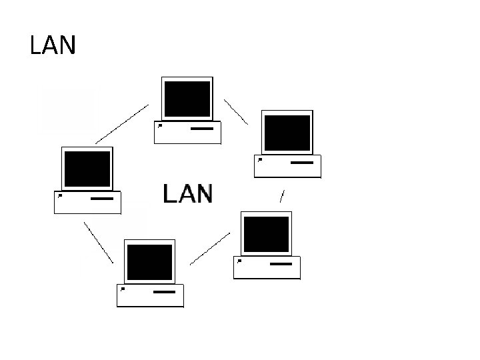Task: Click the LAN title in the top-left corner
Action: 53,45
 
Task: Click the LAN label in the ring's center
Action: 188,194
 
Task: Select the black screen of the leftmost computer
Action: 87,169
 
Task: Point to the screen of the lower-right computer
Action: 266,233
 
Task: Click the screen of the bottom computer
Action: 150,262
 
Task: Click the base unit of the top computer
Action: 187,133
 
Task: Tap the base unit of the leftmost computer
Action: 87,202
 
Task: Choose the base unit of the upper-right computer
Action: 287,166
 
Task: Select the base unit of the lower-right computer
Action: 267,267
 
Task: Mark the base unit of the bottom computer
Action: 150,295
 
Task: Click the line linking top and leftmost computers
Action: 122,124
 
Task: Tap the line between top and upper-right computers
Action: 235,112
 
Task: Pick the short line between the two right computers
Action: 283,197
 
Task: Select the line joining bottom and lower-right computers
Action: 210,248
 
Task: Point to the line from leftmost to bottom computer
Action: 98,241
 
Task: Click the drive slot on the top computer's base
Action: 202,128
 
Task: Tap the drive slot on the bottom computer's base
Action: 165,291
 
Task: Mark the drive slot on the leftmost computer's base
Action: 102,198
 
